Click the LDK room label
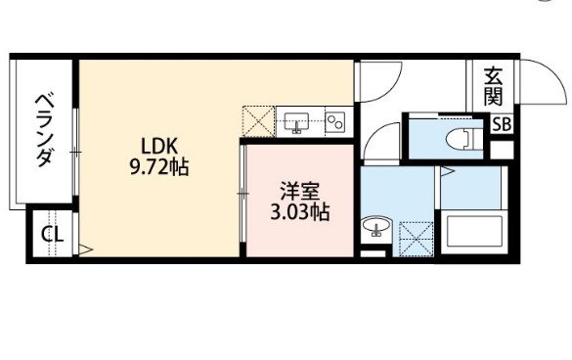(x=159, y=147)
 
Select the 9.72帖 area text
(x=159, y=167)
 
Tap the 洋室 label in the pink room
(x=299, y=192)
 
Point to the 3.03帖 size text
(x=300, y=211)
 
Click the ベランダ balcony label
(x=44, y=131)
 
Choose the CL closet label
(x=52, y=235)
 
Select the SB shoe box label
(x=502, y=124)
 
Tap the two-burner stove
(x=334, y=122)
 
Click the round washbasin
(x=377, y=225)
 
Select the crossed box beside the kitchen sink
(x=259, y=122)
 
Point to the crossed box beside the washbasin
(x=417, y=239)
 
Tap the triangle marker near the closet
(x=86, y=250)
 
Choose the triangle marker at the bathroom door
(x=447, y=171)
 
